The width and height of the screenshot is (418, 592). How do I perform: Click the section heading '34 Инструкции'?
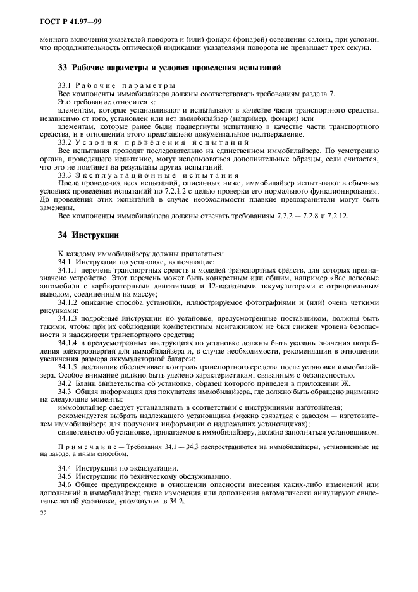(80, 235)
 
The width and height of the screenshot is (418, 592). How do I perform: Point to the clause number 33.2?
(65, 143)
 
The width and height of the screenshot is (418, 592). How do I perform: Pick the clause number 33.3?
(65, 175)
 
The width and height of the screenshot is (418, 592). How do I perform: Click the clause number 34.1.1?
(69, 270)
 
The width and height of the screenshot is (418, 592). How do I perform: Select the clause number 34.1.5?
(69, 366)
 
